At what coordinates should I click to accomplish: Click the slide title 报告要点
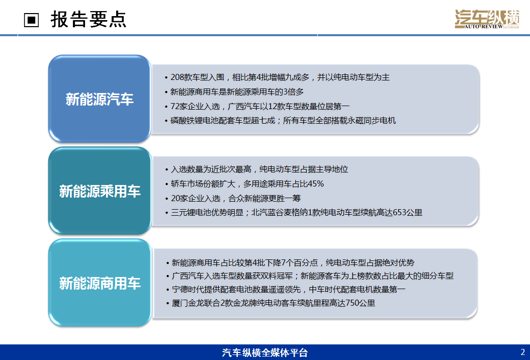[89, 19]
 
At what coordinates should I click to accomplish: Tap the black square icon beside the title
[32, 20]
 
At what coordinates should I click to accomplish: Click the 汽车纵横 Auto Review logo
[487, 19]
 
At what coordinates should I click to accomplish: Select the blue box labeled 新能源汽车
[100, 99]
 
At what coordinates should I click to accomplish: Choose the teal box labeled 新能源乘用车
[100, 191]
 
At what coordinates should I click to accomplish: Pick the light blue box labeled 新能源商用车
[100, 283]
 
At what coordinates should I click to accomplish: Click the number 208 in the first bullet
[177, 77]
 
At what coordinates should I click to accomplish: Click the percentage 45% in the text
[316, 184]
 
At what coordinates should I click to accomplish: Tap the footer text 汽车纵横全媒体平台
[264, 352]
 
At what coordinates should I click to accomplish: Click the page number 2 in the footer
[522, 352]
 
